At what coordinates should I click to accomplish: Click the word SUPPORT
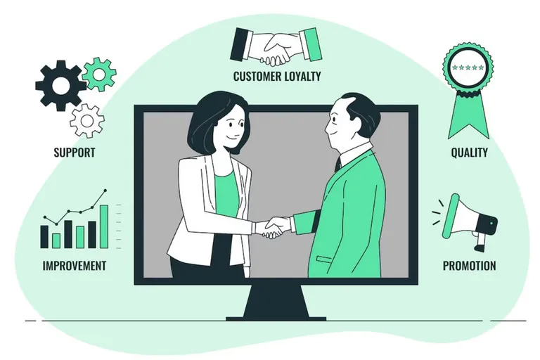coord(75,153)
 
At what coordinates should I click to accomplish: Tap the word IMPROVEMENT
coord(75,266)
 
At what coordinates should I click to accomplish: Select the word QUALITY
coord(470,153)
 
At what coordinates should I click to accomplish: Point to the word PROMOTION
coord(470,266)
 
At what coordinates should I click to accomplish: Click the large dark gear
coord(60,86)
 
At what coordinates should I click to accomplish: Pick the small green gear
coord(99,75)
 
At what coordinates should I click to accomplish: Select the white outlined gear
coord(86,120)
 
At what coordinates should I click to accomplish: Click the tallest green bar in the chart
coord(104,226)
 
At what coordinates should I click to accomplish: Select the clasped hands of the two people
coord(274,227)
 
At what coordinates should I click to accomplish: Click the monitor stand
coord(276,302)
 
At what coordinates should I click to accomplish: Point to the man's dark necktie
coord(337,165)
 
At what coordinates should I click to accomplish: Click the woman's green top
coord(226,195)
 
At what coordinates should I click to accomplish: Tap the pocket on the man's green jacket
coord(324,259)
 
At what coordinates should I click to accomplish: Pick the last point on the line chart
coord(105,190)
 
